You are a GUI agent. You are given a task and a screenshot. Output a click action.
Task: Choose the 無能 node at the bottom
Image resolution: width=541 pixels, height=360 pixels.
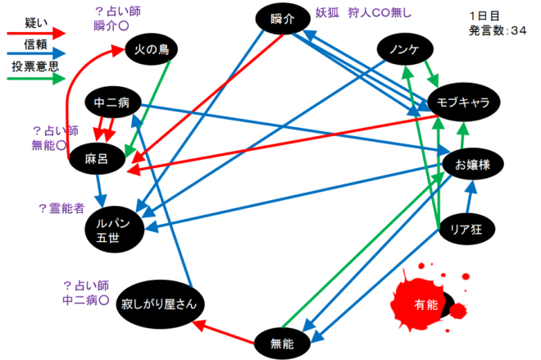(x=281, y=342)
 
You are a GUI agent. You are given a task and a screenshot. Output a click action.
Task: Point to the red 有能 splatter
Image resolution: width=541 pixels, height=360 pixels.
(x=425, y=304)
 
